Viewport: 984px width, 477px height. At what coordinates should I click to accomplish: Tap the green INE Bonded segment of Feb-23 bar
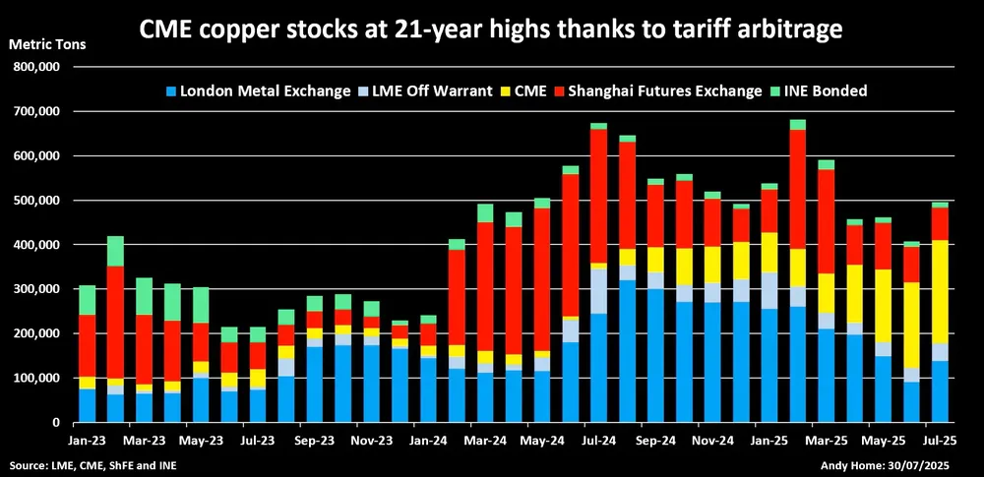tap(115, 252)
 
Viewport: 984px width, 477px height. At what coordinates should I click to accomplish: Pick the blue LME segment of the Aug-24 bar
tap(627, 351)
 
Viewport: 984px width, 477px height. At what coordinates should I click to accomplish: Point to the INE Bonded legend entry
tap(833, 90)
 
